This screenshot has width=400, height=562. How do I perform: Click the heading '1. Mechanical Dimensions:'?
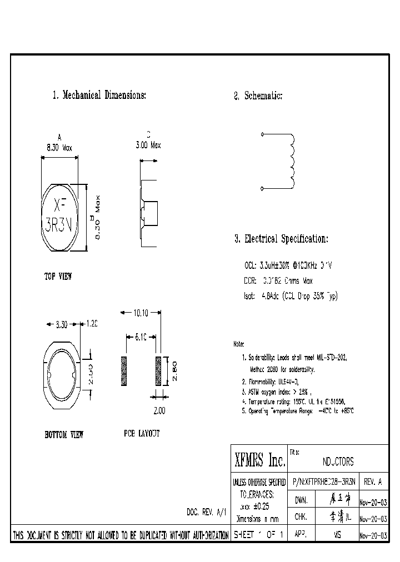(99, 96)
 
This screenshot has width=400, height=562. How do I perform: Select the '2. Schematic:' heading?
(258, 96)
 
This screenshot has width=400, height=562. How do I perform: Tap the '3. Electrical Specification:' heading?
(281, 239)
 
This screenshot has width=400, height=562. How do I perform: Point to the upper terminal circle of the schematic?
(262, 134)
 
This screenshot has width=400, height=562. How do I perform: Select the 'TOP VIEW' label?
(58, 276)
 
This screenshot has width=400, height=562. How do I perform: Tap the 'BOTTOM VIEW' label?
(64, 434)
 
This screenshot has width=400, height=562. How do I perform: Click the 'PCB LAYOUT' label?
(142, 433)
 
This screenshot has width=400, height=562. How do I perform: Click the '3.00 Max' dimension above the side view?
(148, 145)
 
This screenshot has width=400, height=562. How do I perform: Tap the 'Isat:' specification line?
(291, 296)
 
